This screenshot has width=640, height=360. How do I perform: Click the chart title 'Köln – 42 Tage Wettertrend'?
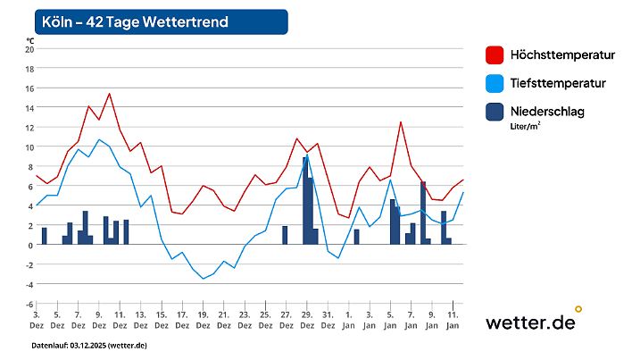tap(135, 21)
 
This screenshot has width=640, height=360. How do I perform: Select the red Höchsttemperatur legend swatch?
tap(495, 55)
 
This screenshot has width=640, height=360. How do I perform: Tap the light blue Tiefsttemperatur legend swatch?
tap(495, 84)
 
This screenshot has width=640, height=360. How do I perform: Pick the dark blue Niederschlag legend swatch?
tap(495, 113)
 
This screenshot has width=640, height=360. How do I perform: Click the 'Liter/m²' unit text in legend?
tap(526, 126)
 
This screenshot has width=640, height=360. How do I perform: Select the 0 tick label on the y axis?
tap(29, 245)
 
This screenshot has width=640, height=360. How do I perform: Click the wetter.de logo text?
tap(529, 322)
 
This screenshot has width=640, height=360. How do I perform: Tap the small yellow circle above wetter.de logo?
tap(578, 309)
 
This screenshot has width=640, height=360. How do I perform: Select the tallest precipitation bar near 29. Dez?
tap(305, 200)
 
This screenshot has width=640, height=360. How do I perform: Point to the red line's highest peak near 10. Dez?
tap(109, 93)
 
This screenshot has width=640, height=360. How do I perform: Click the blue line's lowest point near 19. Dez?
tap(203, 279)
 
